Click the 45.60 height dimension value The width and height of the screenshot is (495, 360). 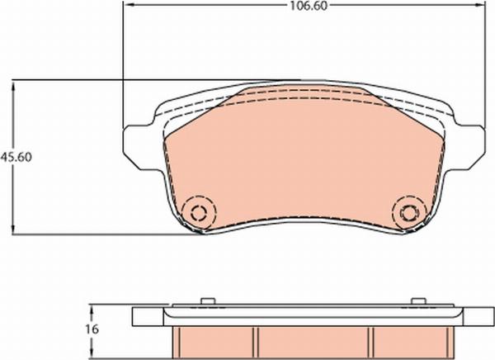(x=16, y=157)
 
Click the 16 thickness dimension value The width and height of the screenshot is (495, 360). (x=92, y=329)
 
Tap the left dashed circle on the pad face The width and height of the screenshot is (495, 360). (x=200, y=211)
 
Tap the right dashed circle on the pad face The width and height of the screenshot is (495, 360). (x=409, y=212)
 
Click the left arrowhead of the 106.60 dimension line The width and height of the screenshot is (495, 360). (x=126, y=5)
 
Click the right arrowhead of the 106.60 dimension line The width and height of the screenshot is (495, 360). (x=481, y=5)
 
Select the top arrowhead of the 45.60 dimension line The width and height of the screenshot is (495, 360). (x=13, y=85)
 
